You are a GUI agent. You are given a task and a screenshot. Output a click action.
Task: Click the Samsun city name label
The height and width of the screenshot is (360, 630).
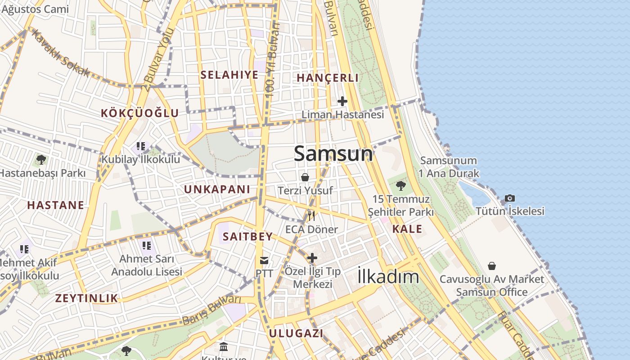coord(333,154)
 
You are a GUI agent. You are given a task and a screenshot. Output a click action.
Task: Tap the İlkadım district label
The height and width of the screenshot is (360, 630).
coord(388,277)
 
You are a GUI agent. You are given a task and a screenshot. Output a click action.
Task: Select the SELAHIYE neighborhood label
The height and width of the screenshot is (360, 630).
coord(229,75)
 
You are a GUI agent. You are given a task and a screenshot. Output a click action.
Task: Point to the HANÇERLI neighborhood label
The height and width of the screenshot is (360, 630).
coord(328,78)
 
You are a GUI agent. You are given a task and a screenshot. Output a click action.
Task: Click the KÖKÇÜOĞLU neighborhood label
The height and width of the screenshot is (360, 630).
coord(140,113)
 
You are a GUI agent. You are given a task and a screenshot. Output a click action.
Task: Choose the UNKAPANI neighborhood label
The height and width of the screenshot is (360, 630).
coord(217,189)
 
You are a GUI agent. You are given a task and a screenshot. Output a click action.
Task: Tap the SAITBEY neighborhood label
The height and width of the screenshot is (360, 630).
coord(247,237)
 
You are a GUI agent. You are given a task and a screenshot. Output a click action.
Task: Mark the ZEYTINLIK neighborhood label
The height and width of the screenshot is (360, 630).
coord(86,298)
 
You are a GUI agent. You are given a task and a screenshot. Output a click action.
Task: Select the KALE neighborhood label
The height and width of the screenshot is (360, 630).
coord(407,229)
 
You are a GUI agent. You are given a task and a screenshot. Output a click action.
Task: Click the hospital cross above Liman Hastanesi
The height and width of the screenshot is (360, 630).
coord(342,101)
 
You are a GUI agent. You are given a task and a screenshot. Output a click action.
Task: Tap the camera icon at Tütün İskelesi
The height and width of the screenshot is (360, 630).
coord(509,198)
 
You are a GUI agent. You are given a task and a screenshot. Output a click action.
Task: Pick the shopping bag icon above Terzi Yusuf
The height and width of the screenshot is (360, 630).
coord(305,177)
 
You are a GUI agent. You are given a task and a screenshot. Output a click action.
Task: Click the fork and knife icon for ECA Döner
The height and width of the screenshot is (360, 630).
coord(311,216)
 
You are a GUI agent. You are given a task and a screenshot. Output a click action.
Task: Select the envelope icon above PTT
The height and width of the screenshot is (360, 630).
coord(264,260)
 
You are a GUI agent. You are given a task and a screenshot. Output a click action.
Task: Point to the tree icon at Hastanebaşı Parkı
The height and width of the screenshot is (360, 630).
coord(41,159)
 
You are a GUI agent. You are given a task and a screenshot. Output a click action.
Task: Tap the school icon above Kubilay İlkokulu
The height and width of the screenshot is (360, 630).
coord(140,146)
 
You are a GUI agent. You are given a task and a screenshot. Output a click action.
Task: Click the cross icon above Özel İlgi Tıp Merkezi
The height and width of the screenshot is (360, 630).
coord(312,258)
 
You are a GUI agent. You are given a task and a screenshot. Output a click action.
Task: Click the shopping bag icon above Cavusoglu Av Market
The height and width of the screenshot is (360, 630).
coord(492,266)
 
